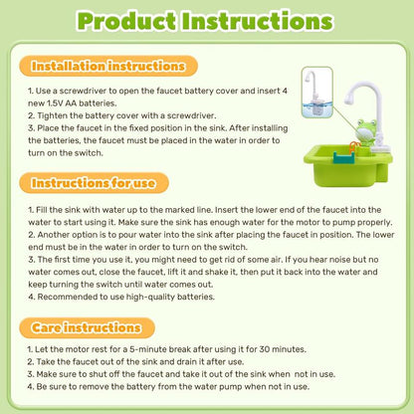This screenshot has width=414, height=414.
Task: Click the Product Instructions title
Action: point(205,21)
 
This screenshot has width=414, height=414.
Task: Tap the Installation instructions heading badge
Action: point(108,66)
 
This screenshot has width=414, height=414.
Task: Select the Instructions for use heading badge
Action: point(94,183)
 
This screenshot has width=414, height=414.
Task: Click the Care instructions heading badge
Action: point(87,327)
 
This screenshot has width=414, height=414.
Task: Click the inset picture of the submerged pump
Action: point(317,93)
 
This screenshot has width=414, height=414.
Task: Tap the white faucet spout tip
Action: point(348,99)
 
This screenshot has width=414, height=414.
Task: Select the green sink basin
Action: point(347,166)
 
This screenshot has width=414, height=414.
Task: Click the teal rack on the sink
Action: point(341,157)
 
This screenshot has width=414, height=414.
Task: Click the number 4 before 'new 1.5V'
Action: point(285,91)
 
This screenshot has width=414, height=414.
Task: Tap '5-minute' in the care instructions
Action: point(147,349)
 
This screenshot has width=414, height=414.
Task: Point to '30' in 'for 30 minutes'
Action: point(265,349)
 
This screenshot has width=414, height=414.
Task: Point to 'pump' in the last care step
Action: point(231,387)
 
